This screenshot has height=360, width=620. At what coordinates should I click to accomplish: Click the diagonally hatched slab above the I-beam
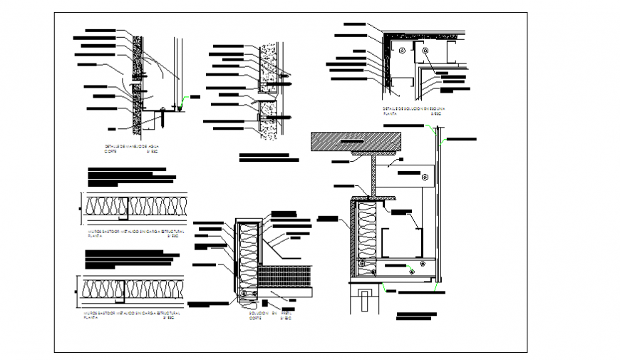tap(356, 142)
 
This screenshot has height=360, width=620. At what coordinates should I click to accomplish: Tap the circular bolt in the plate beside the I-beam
tap(425, 176)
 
